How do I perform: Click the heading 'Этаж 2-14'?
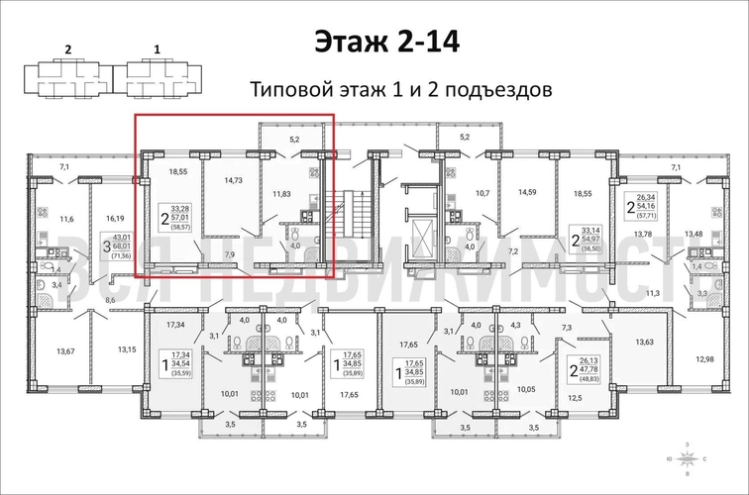tap(387, 42)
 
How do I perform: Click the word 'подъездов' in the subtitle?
tap(495, 89)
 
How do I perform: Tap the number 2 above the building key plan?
tap(67, 47)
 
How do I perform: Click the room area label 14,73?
tap(234, 181)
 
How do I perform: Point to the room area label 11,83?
tap(293, 194)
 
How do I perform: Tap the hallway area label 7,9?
tap(229, 256)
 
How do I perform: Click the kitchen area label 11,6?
tap(66, 219)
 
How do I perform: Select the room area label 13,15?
tap(127, 349)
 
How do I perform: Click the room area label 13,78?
tap(643, 234)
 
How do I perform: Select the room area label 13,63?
tap(643, 342)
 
